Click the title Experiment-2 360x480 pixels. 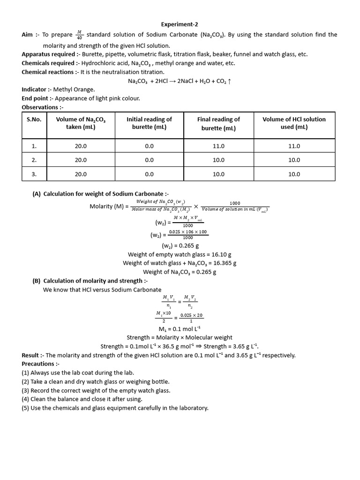(x=180, y=24)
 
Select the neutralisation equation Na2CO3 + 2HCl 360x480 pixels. (x=180, y=81)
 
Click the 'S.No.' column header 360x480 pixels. (x=34, y=120)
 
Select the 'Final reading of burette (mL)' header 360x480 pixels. (x=218, y=124)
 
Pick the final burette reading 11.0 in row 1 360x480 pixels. (x=218, y=146)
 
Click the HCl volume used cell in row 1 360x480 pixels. (x=294, y=146)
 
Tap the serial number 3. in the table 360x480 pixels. (x=34, y=174)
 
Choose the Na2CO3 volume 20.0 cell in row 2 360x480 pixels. (x=81, y=160)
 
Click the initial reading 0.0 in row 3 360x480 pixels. (x=149, y=174)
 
